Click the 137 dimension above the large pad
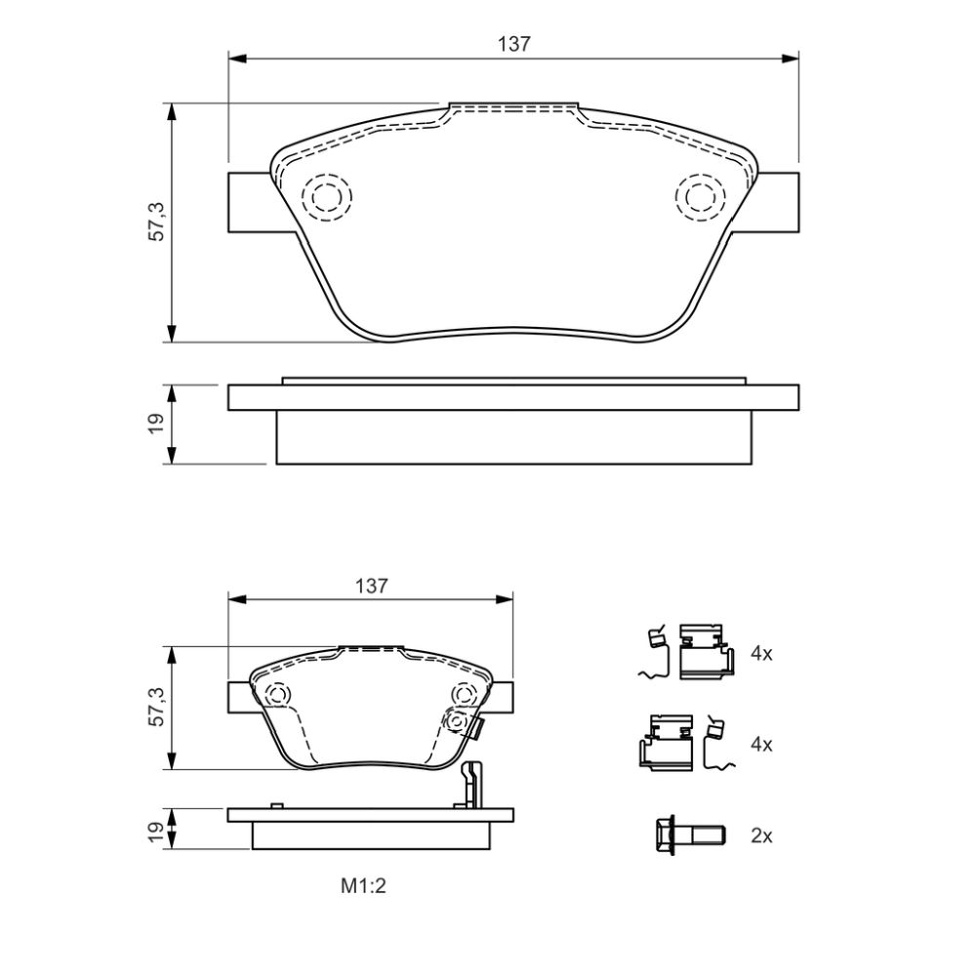point(514,44)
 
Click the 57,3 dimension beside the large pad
point(157,222)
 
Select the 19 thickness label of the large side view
point(156,424)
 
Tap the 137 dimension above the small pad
point(371,586)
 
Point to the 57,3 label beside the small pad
point(157,707)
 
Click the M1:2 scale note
point(363,886)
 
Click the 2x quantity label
point(761,836)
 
